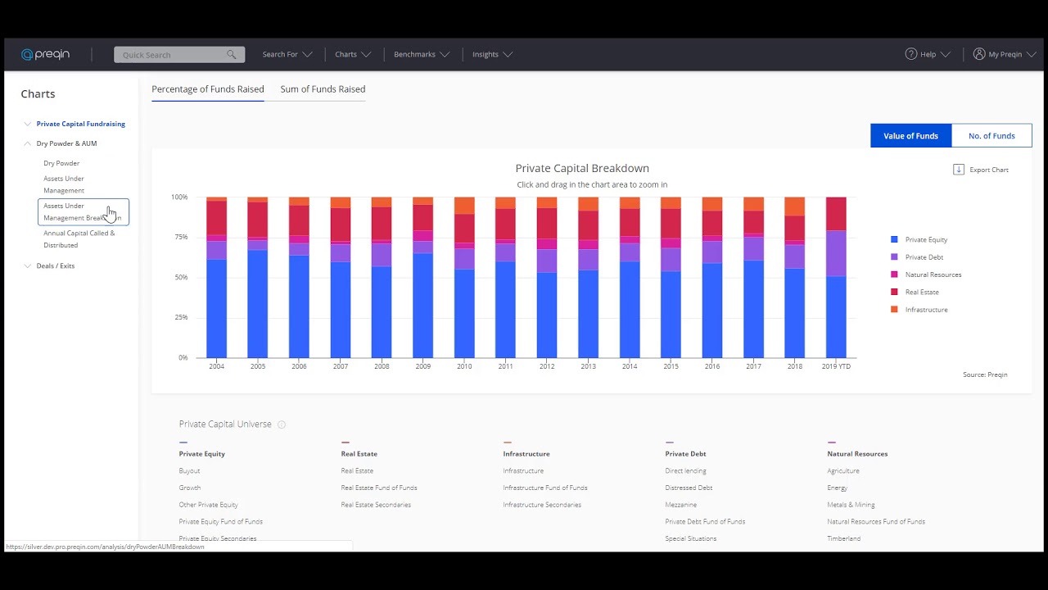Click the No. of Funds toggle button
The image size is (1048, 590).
pos(992,136)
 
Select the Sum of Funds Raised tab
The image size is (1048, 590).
pos(323,89)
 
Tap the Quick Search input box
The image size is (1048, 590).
pos(172,55)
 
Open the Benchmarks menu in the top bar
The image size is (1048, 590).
pos(421,55)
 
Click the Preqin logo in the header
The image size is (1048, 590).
pos(46,55)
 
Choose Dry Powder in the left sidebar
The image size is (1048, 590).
pos(61,163)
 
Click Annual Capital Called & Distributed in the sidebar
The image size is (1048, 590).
pos(79,238)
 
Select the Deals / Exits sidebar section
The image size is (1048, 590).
pos(55,265)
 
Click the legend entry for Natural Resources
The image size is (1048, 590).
pos(933,275)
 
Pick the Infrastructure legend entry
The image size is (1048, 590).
pos(926,310)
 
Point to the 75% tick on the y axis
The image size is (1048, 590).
pos(179,238)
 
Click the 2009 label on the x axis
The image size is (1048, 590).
pos(422,366)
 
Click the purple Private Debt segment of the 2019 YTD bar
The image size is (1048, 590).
pos(836,253)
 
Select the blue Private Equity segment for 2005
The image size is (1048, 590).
pos(258,303)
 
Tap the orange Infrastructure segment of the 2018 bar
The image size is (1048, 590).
pos(794,206)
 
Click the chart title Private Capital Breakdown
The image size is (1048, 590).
pos(582,168)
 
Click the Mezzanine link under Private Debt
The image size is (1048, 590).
pos(680,505)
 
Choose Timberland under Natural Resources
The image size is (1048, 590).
pos(843,538)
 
